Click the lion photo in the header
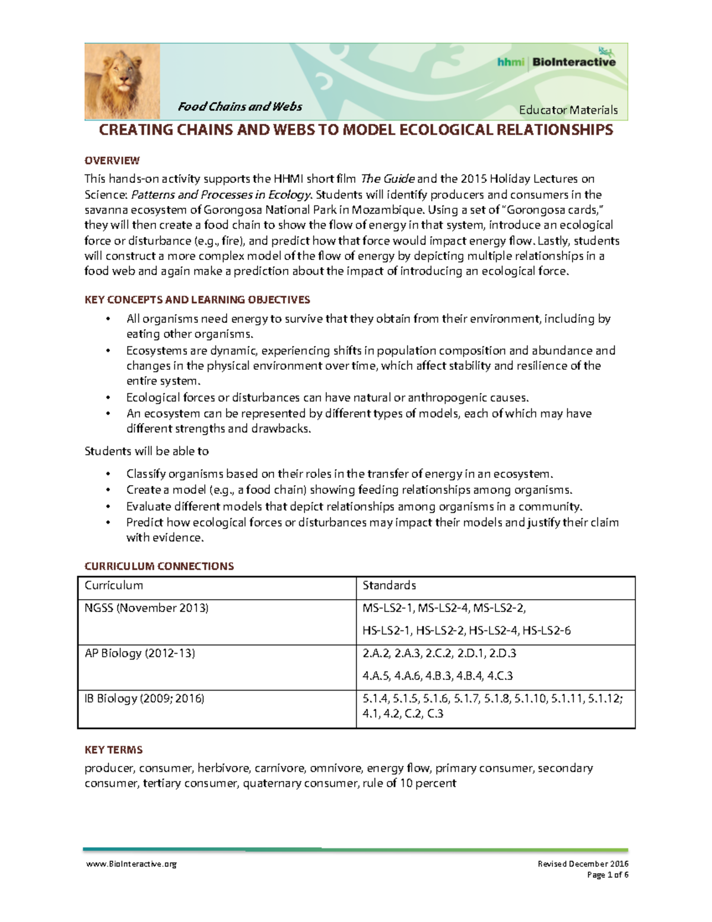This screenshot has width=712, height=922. coord(122,81)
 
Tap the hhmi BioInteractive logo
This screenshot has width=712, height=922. coord(556,61)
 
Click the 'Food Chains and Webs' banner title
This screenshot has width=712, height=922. coord(240,107)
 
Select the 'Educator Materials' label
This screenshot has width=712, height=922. coord(568,110)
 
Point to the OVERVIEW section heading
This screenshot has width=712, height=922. coord(112,160)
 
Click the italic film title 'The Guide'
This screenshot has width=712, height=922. coord(387,179)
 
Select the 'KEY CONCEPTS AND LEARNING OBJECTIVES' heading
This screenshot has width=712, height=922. coord(197,300)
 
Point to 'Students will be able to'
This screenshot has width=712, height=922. coord(147,451)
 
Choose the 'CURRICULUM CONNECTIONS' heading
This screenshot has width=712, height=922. coord(159,566)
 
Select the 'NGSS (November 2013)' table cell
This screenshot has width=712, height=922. coord(147,608)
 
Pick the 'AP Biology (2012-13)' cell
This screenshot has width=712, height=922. coord(140,653)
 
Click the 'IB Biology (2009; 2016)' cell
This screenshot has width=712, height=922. coord(144,698)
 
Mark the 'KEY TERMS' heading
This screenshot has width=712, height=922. coord(113,750)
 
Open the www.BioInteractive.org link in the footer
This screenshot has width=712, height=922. coord(131,864)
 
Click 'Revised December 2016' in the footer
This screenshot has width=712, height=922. coord(583,864)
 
